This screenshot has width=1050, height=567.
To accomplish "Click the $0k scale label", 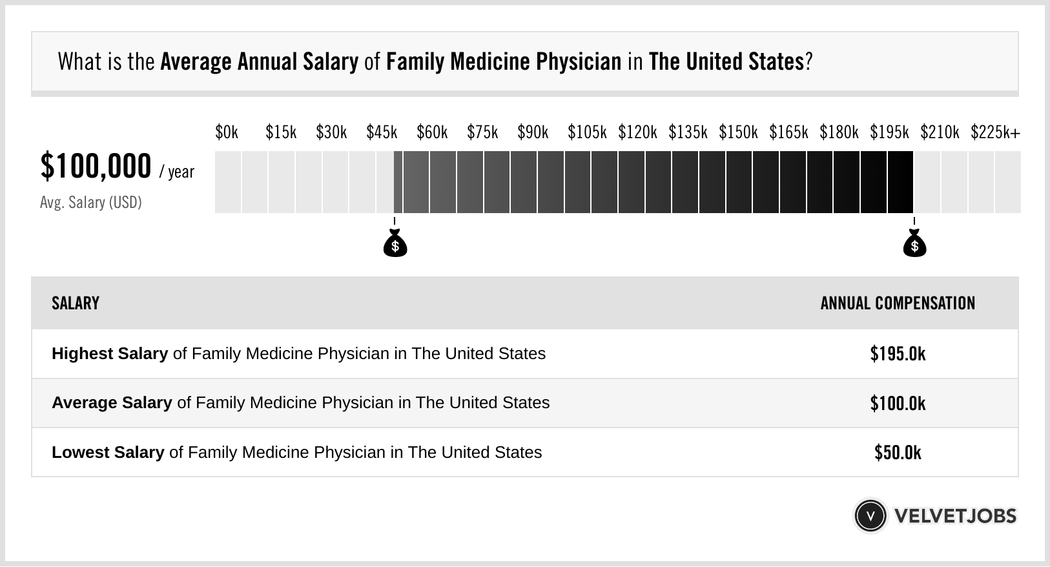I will [227, 132].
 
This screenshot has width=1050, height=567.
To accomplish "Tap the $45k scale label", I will [382, 132].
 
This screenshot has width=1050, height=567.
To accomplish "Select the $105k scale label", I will [587, 132].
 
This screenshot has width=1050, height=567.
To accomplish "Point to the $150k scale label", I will [738, 132].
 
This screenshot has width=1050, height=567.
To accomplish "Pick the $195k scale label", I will [889, 132].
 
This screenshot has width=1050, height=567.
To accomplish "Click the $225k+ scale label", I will [995, 132].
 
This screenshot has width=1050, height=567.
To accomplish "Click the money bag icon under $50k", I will [395, 244].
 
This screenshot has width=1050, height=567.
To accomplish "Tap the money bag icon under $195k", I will [914, 244].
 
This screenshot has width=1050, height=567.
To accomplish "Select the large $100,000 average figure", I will [96, 166].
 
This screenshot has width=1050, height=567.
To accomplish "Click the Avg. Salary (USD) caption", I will [90, 203].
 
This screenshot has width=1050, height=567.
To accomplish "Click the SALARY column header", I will [76, 303].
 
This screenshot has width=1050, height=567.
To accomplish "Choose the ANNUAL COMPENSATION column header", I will [898, 303].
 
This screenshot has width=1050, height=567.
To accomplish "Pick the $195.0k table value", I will [898, 354].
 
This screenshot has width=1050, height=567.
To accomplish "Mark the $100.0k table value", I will [898, 404].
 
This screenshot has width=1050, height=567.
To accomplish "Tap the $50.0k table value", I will [898, 453].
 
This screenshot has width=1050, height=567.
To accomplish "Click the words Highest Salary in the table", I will [110, 354].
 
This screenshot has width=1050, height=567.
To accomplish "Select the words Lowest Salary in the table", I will [108, 453].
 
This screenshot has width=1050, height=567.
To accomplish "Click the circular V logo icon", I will [870, 516].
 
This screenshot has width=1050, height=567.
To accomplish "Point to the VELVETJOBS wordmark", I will [955, 516].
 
